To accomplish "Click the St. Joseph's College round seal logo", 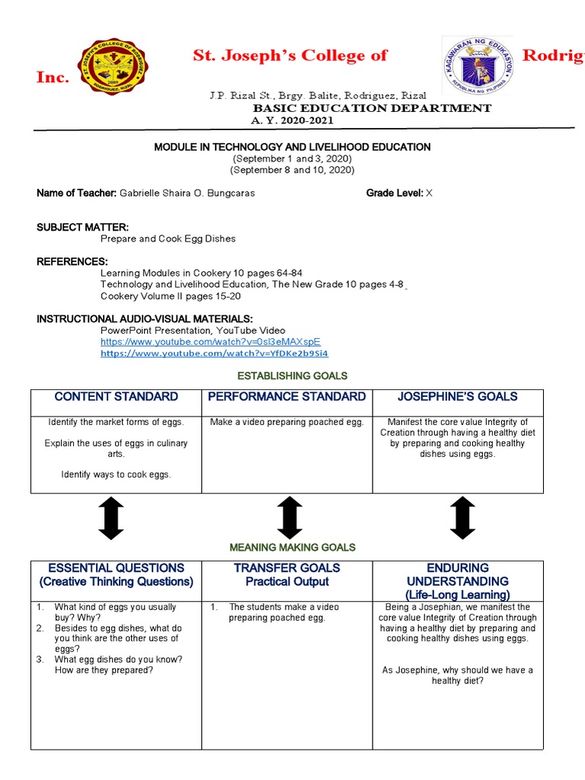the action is pos(114,66).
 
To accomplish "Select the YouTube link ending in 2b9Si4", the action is pos(214,353).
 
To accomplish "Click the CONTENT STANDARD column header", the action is pos(117,397).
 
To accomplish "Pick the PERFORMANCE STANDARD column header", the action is pos(286,397).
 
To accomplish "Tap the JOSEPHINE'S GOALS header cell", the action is pos(457,397).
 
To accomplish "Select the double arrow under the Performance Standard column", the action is pos(289,518).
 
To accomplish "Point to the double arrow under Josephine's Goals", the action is pos(462,518).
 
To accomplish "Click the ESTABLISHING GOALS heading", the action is pos(292,376).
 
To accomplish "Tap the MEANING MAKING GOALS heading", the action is pos(292,548).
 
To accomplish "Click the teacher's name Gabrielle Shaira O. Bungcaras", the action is pos(187,193).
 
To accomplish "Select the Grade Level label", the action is pos(394,193).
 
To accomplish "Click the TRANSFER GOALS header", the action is pos(286,568).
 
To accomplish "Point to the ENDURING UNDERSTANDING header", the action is pos(457,575).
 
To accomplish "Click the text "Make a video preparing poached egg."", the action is pos(286,423).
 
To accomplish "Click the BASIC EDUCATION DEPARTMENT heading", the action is pos(372,108).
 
